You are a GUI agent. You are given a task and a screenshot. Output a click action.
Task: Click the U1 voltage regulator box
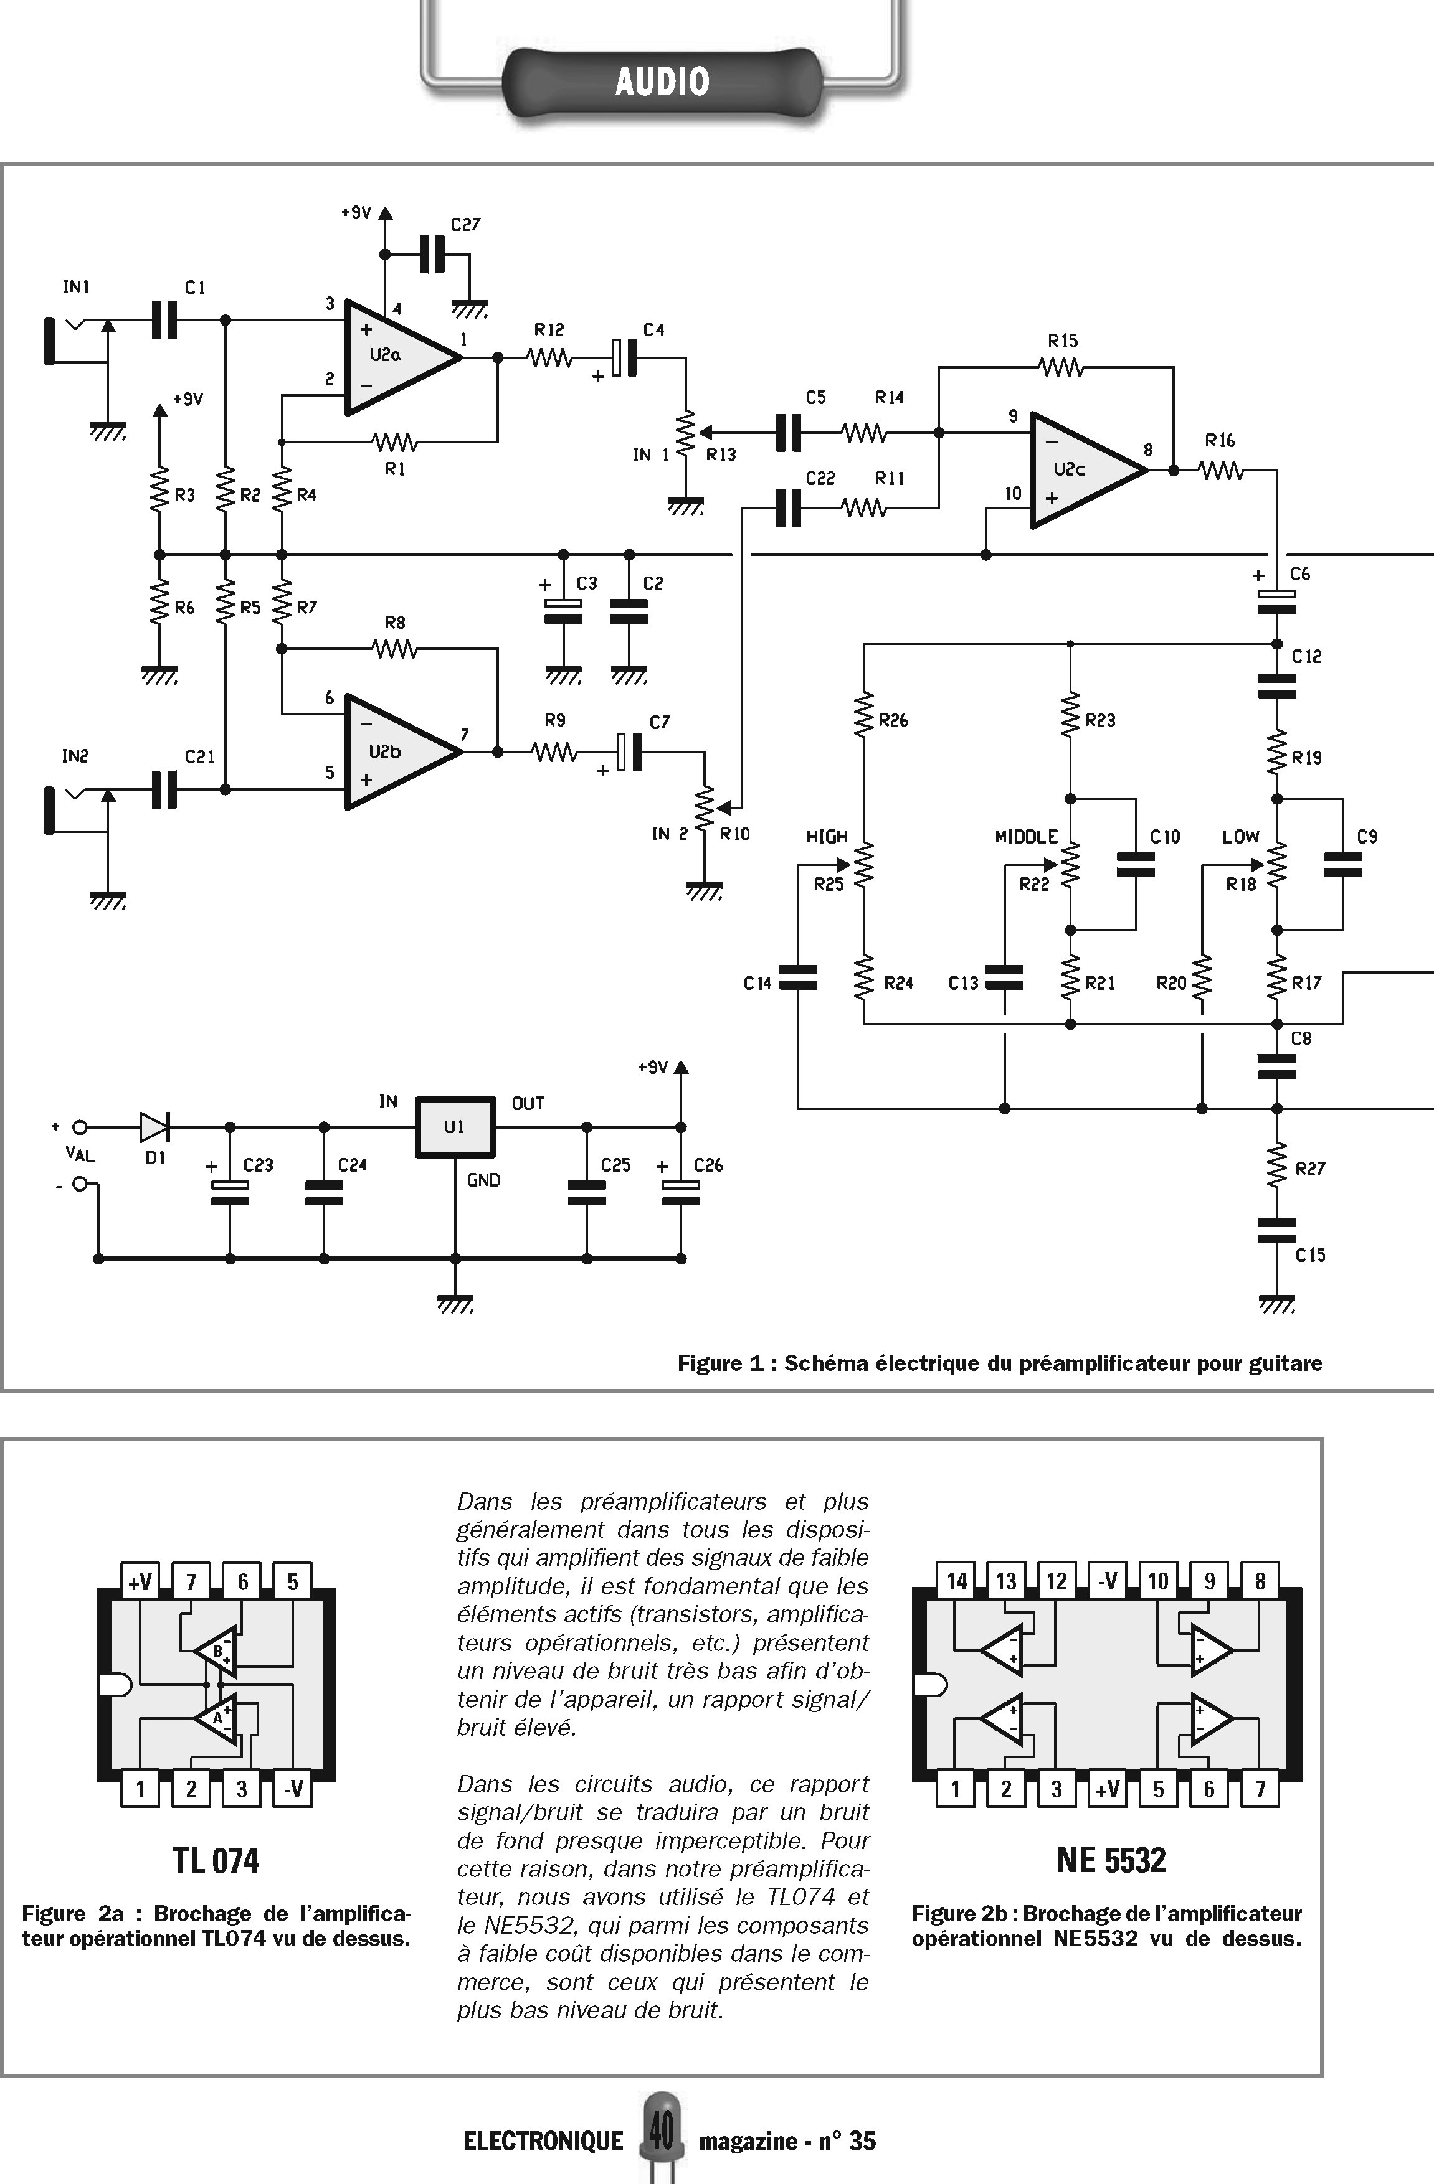455,1127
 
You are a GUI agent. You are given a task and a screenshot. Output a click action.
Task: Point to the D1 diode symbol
154,1127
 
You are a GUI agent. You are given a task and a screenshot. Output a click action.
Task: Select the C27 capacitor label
465,225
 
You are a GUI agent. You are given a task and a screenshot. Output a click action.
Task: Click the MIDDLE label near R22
1027,836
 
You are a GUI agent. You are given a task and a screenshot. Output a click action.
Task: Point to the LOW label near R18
1240,836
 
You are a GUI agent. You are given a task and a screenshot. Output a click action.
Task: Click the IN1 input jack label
76,287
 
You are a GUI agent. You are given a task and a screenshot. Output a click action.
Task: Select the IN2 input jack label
75,756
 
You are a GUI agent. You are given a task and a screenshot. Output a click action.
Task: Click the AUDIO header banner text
662,82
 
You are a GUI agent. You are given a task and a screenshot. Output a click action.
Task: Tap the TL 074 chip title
216,1860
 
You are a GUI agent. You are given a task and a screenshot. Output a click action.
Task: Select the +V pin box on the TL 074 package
140,1581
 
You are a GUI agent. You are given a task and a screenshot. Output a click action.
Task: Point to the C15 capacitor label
1310,1255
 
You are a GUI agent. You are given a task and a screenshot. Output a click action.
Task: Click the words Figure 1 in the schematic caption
721,1363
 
